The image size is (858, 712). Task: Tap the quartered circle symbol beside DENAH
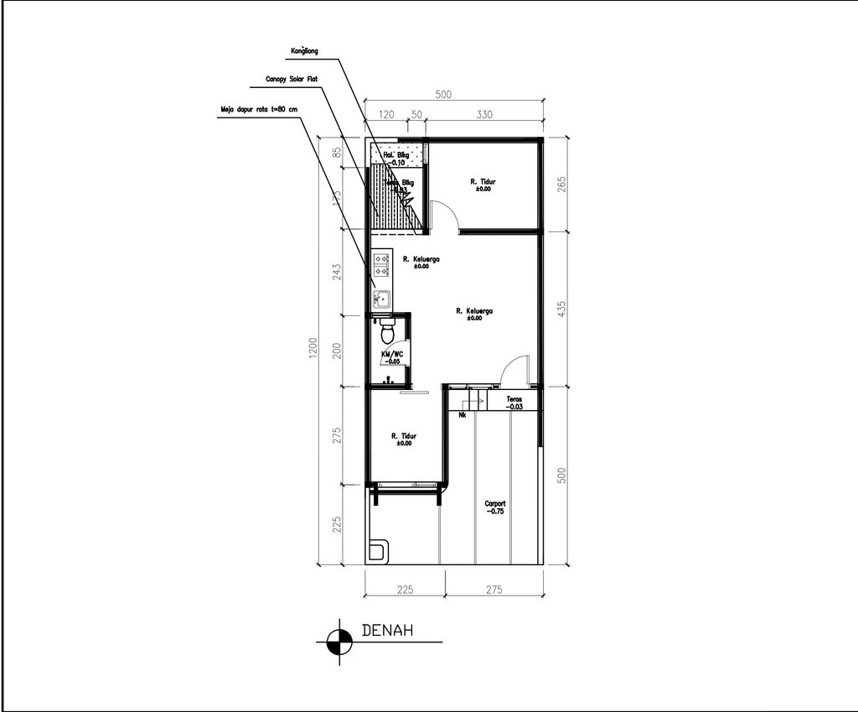point(339,642)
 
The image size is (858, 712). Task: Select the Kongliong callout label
point(304,51)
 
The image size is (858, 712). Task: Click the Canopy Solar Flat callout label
point(292,79)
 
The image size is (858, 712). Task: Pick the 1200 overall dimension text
point(313,347)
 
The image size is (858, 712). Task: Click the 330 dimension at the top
point(483,115)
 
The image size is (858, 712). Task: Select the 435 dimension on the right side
point(562,309)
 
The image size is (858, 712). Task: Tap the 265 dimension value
point(562,183)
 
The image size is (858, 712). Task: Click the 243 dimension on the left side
point(336,273)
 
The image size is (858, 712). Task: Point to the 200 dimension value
point(336,351)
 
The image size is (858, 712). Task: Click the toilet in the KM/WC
point(387,332)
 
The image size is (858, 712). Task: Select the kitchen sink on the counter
point(382,297)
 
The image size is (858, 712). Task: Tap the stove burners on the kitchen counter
point(381,265)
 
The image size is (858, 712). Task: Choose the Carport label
point(495,507)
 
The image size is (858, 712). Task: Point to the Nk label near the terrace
point(463,414)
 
